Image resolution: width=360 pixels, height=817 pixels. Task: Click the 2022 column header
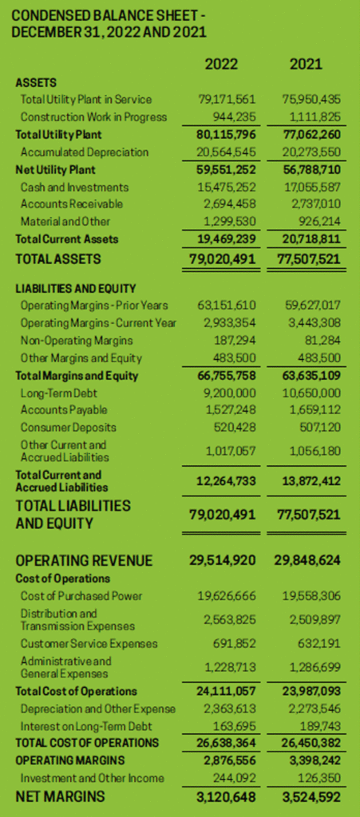221,64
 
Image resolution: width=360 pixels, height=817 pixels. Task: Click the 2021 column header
306,64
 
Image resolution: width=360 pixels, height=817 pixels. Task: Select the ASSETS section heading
36,83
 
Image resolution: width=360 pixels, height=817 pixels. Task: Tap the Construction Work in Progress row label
93,116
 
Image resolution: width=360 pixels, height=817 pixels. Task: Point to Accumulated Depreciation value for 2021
311,152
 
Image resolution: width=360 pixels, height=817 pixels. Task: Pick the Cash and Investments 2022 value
227,187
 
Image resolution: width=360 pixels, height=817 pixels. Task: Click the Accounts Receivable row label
65,203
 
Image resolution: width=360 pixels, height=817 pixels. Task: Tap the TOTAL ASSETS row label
58,259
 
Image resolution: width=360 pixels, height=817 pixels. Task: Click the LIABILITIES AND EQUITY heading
76,288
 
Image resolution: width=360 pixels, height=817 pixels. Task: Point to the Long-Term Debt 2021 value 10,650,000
311,393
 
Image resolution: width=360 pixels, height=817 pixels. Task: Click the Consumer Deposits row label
69,428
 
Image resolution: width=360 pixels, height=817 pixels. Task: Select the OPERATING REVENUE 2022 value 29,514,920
222,561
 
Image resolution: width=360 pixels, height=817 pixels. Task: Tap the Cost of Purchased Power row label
81,595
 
